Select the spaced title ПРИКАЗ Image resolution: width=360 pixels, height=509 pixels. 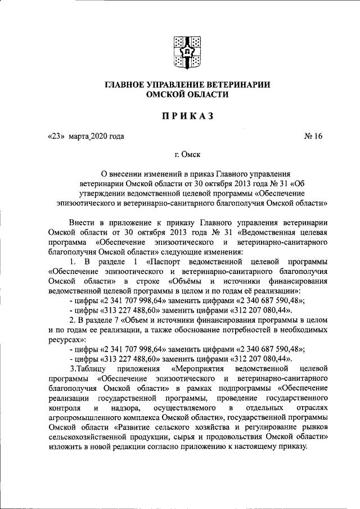tap(181, 116)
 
